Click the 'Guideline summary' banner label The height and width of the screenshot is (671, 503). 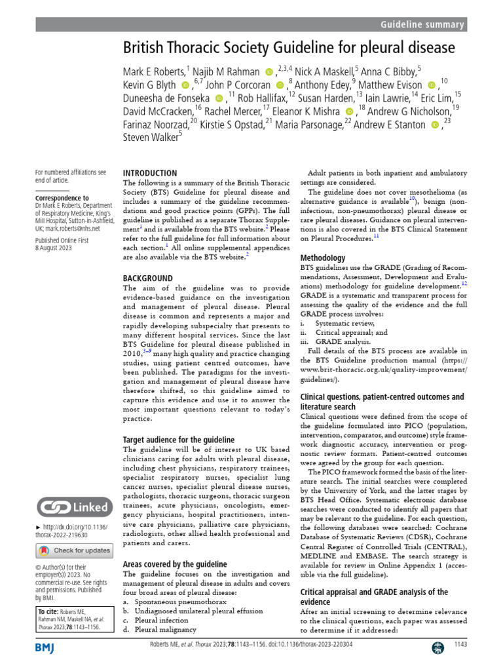(x=422, y=25)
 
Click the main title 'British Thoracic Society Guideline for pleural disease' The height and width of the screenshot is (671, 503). (x=289, y=48)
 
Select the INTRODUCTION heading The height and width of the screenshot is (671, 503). (x=150, y=173)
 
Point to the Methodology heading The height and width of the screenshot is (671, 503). (x=323, y=258)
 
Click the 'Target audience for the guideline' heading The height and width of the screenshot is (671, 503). (x=178, y=440)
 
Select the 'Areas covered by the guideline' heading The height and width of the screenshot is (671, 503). (x=175, y=564)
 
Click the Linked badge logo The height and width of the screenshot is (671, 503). (x=72, y=507)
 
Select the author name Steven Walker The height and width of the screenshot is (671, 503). (x=150, y=137)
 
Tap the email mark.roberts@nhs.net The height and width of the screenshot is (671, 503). (x=72, y=229)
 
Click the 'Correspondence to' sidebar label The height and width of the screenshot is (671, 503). (x=62, y=197)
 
